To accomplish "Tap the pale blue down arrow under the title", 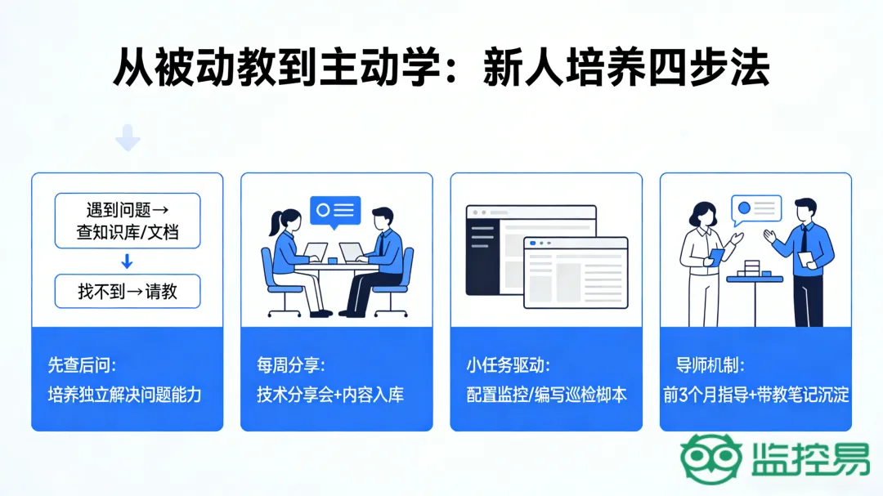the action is [x=128, y=138].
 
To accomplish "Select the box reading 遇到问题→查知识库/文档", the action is [x=128, y=221].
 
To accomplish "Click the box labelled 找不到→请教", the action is [x=128, y=291].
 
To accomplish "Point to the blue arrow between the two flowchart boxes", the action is [x=127, y=261].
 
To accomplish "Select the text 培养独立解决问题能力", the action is [x=125, y=395].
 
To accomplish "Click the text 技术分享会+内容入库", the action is [x=330, y=395].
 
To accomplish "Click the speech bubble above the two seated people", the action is [x=335, y=211].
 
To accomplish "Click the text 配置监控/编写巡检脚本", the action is [x=546, y=395].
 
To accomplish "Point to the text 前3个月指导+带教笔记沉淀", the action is [x=756, y=395].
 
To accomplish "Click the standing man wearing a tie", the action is [x=805, y=261].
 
